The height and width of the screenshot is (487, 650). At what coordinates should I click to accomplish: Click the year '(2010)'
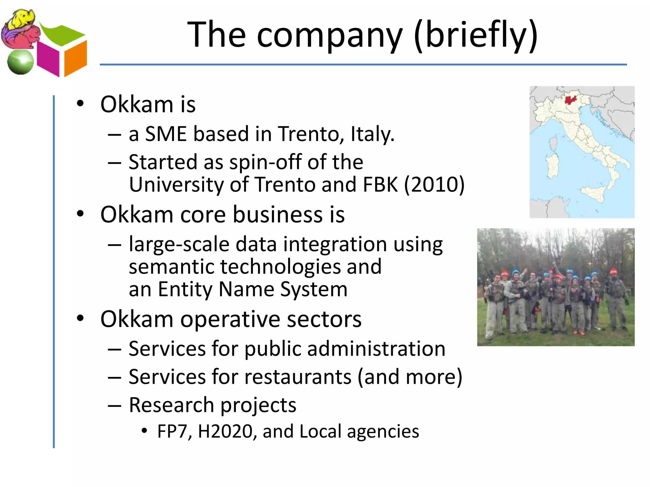click(x=434, y=185)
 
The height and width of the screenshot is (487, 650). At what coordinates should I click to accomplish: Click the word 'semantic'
click(x=171, y=267)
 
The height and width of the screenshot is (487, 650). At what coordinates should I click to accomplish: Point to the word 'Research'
click(x=171, y=406)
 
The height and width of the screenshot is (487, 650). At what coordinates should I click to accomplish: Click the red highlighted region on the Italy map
click(x=571, y=100)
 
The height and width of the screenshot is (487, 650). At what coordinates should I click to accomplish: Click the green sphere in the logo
click(x=20, y=62)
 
